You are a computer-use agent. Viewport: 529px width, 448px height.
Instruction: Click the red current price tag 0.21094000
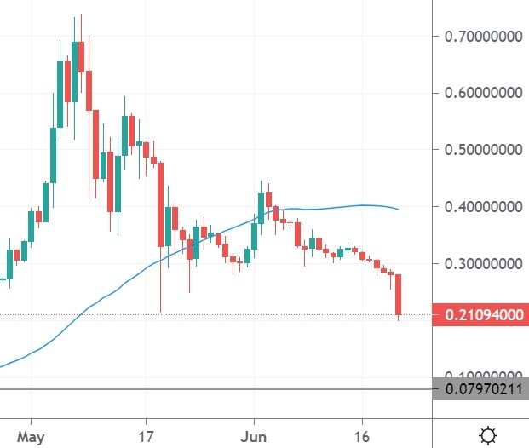pos(480,316)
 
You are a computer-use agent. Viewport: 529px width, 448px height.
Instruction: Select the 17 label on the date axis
pos(147,435)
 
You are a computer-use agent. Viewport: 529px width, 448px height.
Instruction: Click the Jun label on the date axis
pos(254,435)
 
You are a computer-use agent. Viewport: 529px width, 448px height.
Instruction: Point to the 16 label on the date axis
pos(362,435)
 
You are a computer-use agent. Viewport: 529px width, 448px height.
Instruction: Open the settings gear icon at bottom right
pos(488,435)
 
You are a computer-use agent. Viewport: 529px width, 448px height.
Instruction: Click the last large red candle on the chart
pos(399,295)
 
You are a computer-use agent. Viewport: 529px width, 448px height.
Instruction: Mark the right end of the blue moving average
pos(398,210)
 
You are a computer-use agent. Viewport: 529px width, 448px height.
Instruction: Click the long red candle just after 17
pos(161,204)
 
